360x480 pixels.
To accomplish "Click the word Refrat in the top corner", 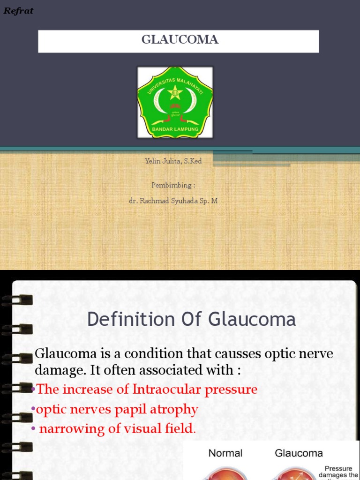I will [18, 11].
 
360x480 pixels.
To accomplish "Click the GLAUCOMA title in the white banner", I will [180, 40].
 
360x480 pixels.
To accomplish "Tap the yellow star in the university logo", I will [175, 92].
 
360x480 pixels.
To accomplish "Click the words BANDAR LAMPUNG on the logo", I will [175, 129].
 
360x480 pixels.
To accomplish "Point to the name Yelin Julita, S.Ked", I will [173, 161].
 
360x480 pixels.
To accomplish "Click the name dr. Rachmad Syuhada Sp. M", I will [173, 201].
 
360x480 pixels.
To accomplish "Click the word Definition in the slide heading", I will [122, 320].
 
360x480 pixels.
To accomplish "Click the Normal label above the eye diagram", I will [225, 453].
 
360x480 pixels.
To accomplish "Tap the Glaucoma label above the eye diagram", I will [299, 453].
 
